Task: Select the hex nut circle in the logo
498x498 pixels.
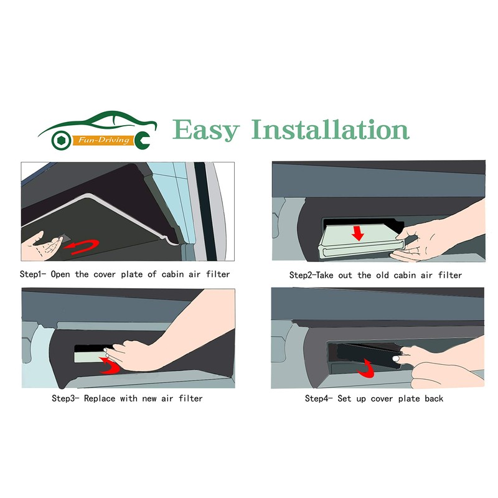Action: tap(60, 138)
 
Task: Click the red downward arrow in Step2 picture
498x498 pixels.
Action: tap(358, 233)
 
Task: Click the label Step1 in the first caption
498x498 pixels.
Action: tap(35, 274)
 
